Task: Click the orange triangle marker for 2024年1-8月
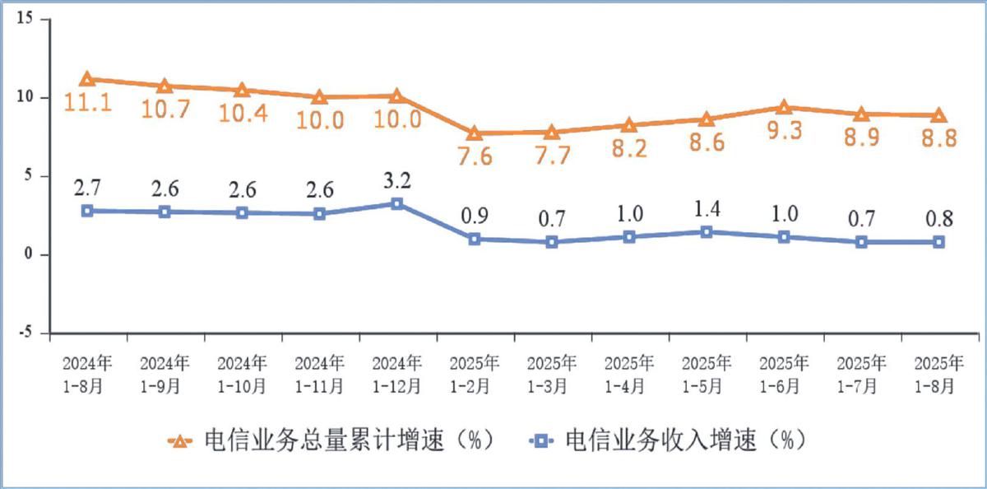click(x=87, y=79)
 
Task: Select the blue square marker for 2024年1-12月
click(x=396, y=203)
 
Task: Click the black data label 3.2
click(x=396, y=179)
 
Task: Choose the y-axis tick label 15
click(x=26, y=19)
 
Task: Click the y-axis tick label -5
click(x=26, y=333)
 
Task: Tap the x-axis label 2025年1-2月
click(x=475, y=374)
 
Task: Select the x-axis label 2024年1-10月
click(x=242, y=374)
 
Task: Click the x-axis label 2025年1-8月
click(x=938, y=374)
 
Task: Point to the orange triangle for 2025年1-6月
click(x=783, y=107)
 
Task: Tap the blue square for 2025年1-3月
click(x=552, y=242)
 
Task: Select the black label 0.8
click(x=938, y=219)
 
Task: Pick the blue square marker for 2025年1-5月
click(x=706, y=232)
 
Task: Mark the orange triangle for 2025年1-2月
click(x=475, y=133)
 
